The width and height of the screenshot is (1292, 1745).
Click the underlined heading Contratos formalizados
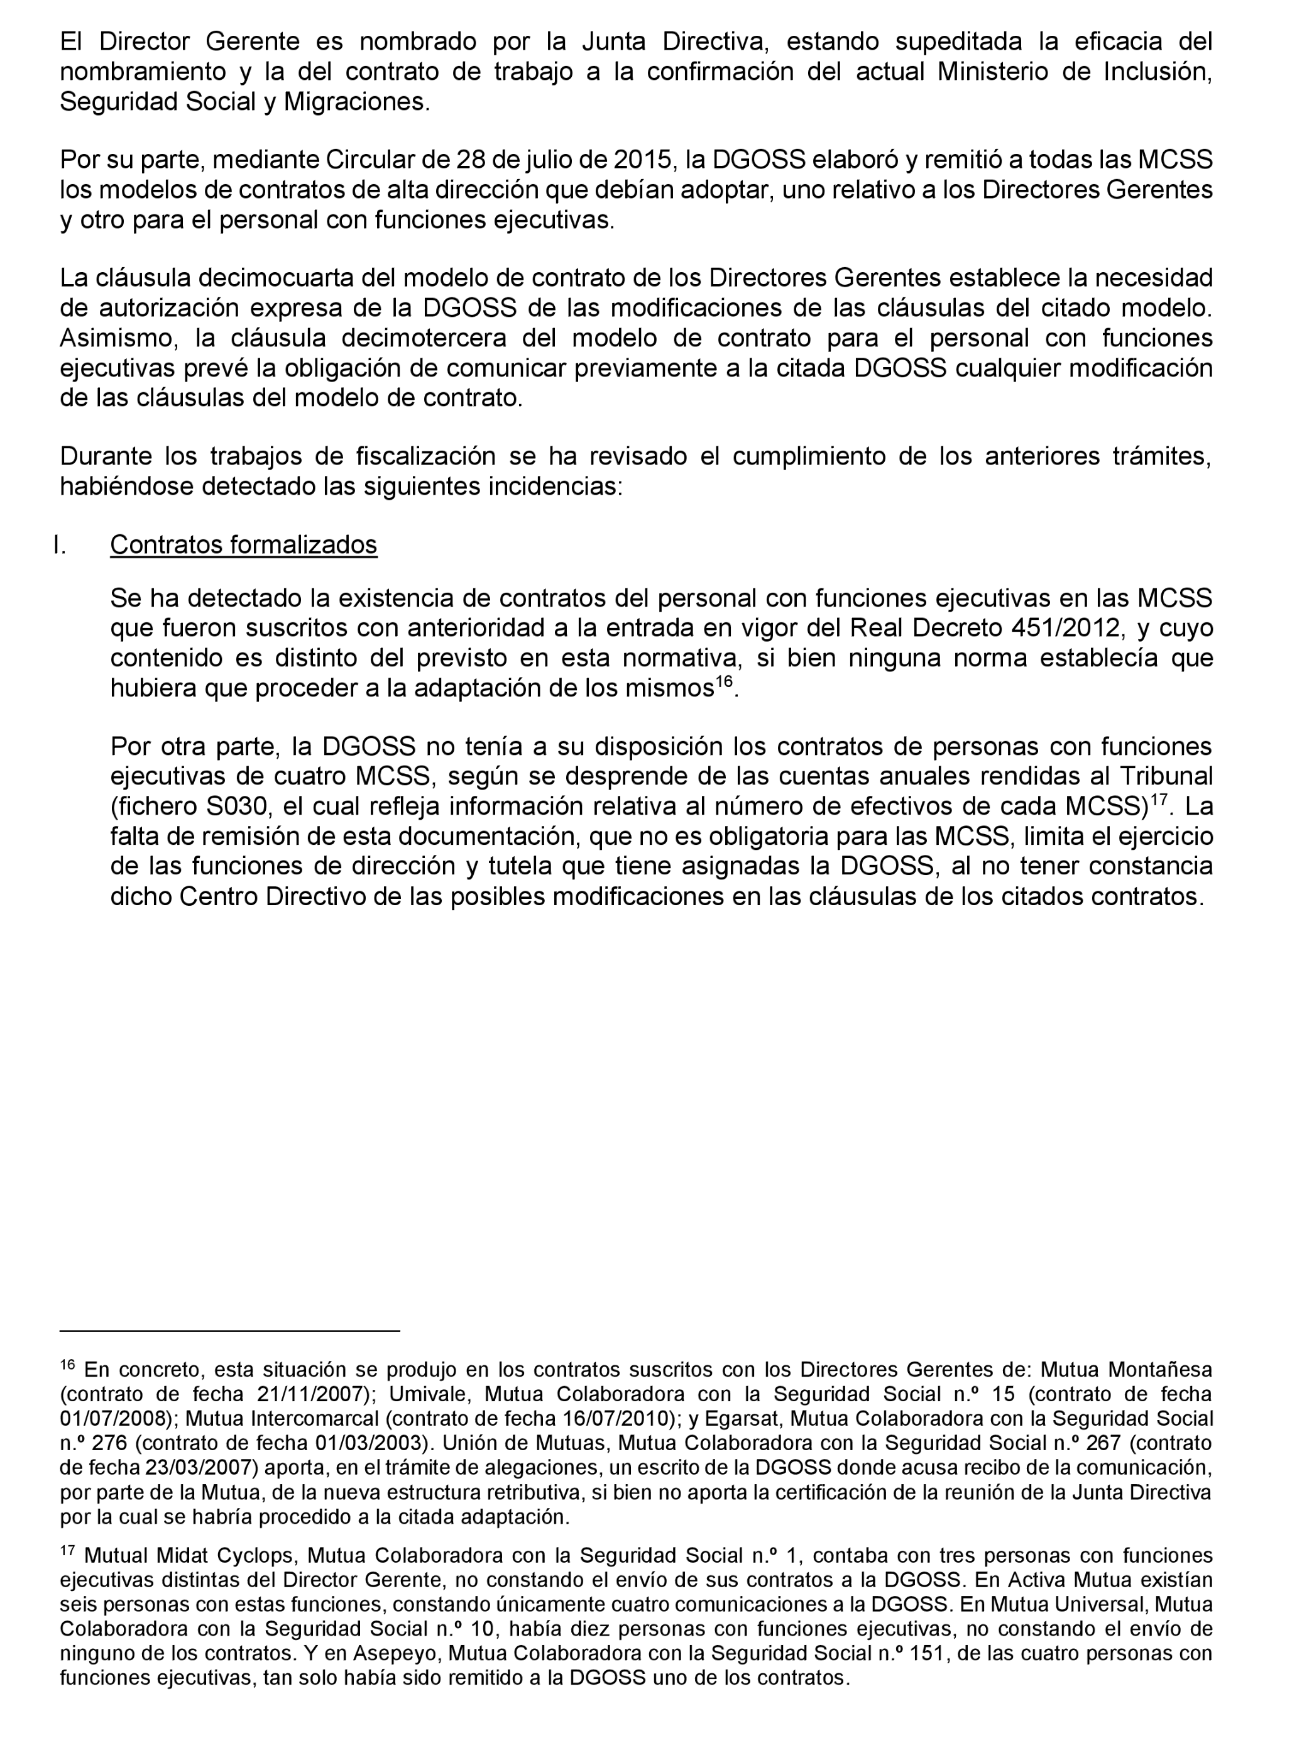(243, 544)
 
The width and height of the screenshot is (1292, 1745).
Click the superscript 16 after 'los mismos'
(724, 681)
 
